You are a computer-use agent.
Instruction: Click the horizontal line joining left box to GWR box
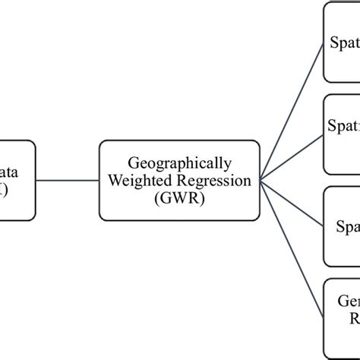coord(68,180)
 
